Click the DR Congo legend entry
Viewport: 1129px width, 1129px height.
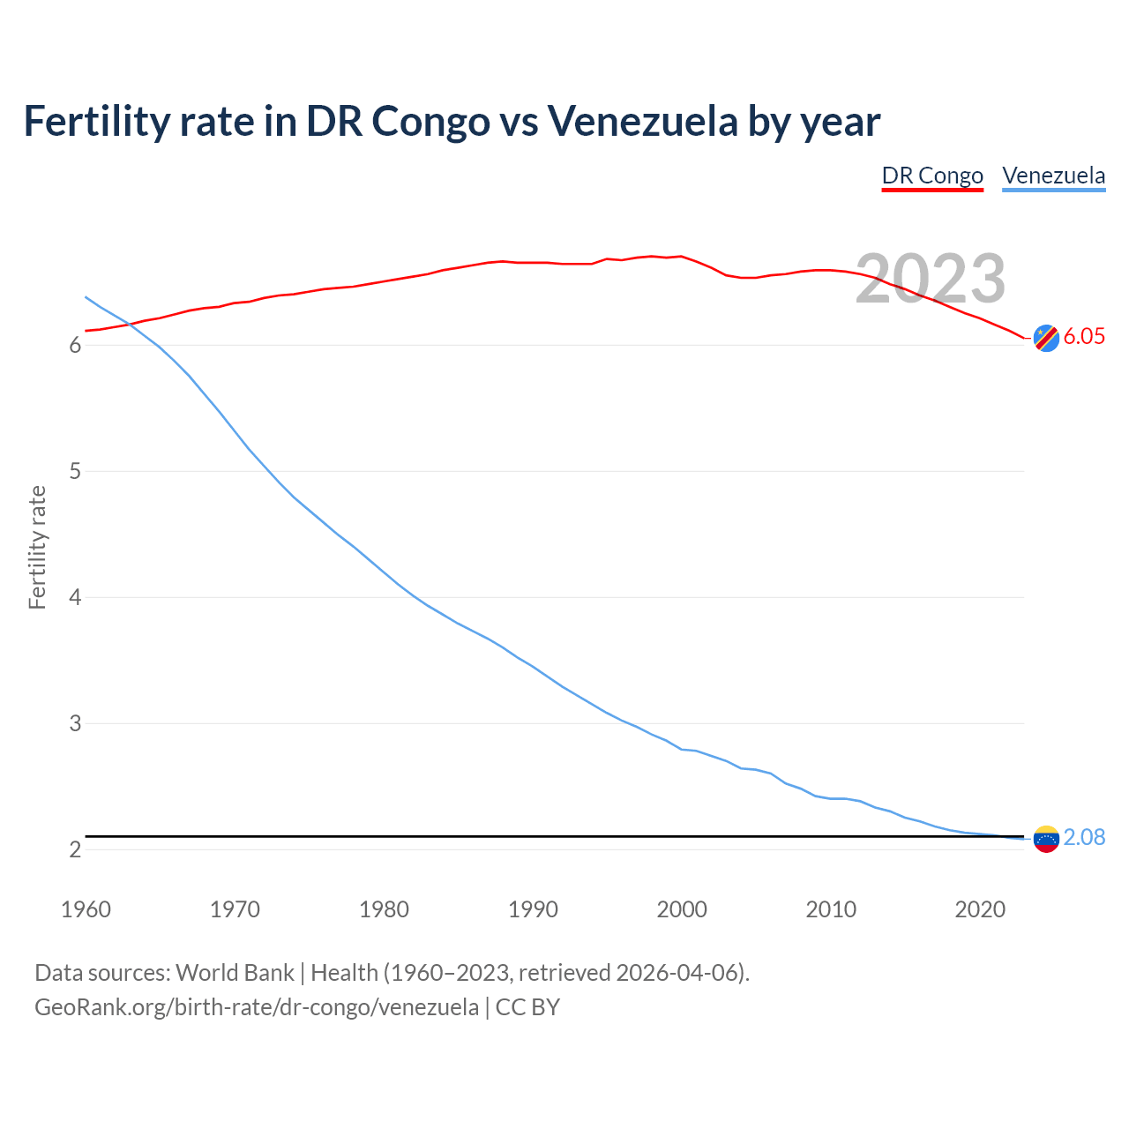[x=932, y=176]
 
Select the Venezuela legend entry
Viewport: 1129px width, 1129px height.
[x=1053, y=176]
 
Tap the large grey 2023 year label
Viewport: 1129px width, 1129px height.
[x=931, y=279]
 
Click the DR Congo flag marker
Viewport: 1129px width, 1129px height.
[x=1046, y=338]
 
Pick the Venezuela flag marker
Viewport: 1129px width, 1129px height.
[x=1046, y=839]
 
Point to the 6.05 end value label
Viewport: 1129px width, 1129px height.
[x=1084, y=337]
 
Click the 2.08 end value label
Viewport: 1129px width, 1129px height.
[x=1084, y=838]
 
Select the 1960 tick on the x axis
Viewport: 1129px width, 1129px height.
[x=86, y=909]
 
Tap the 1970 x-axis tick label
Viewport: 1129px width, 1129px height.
[x=235, y=909]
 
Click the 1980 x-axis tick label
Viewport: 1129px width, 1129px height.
[x=384, y=909]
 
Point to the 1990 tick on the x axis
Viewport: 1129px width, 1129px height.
[x=533, y=909]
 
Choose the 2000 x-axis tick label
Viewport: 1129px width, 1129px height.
[x=682, y=909]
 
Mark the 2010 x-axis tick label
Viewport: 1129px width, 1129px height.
[x=831, y=909]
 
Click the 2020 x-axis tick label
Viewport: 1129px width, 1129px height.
[x=980, y=909]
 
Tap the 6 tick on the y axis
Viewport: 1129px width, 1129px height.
[x=75, y=346]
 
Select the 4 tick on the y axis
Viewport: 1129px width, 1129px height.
[x=75, y=598]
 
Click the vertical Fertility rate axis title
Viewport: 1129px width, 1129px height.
[x=37, y=547]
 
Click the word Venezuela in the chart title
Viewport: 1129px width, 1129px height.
[x=642, y=121]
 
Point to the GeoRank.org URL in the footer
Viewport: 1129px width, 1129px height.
[x=257, y=1007]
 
